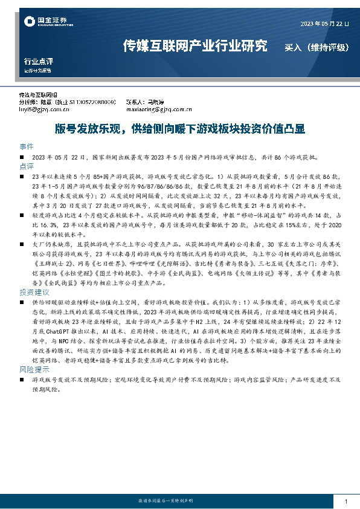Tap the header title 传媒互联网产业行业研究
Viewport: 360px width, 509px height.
click(194, 45)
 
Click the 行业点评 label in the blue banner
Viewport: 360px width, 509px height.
click(38, 61)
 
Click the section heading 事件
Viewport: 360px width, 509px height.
click(27, 147)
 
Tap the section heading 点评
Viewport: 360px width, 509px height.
click(27, 165)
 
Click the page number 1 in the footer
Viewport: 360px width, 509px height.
click(345, 502)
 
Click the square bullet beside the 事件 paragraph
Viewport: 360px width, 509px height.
click(21, 157)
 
